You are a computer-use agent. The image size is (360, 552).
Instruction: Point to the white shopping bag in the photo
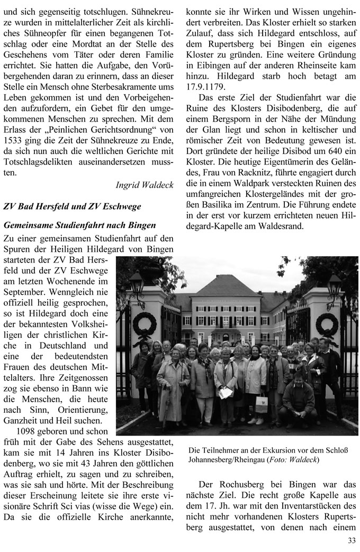[262, 403]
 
